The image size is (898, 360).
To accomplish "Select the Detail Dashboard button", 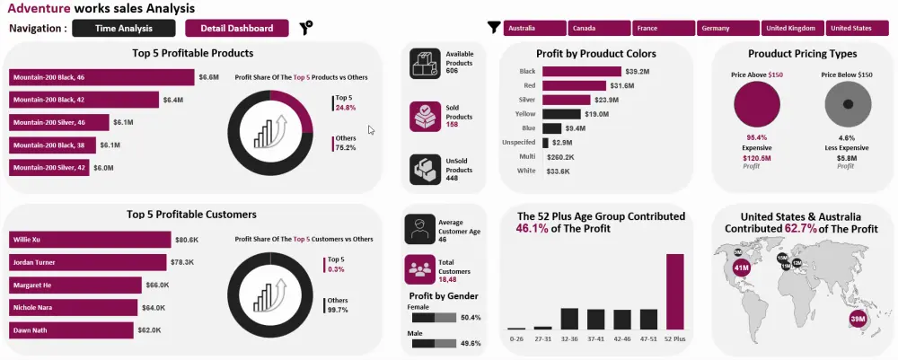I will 237,28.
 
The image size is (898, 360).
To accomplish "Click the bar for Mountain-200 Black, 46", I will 101,77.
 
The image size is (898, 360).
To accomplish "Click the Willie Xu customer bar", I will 90,240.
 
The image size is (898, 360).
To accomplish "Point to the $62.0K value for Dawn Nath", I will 150,330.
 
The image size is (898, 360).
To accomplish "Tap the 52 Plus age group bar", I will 674,292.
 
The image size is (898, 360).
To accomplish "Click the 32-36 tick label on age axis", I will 568,339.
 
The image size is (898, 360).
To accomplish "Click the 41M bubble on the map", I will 742,267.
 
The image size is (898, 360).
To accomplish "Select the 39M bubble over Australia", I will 857,319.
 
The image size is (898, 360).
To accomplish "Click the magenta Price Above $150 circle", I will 757,107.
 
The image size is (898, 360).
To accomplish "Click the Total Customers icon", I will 418,268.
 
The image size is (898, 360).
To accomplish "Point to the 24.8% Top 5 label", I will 346,108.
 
